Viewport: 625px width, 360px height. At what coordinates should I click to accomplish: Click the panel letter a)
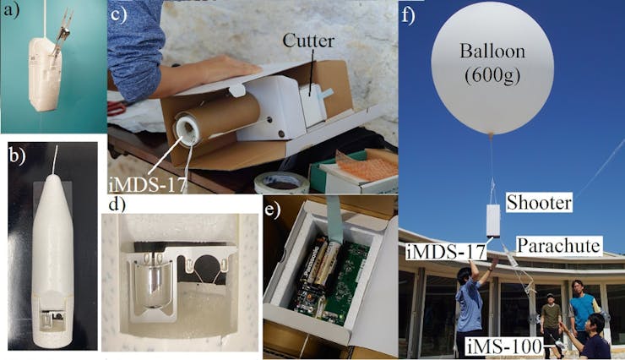coord(11,10)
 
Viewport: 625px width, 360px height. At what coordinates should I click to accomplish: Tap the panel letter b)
coord(17,155)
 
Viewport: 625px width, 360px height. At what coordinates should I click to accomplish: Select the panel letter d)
coord(117,205)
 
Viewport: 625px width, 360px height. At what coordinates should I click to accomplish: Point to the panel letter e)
coord(272,210)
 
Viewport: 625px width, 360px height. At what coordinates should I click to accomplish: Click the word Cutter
coord(308,41)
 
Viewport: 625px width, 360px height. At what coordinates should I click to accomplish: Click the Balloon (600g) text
coord(492,63)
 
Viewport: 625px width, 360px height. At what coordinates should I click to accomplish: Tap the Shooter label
coord(539,203)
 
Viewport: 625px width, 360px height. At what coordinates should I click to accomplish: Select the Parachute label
coord(559,246)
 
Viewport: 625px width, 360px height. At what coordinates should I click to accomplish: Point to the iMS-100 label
coord(504,346)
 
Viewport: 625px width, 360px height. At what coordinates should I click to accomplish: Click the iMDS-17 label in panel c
coord(148,184)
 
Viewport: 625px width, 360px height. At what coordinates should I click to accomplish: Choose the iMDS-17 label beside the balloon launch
coord(447,252)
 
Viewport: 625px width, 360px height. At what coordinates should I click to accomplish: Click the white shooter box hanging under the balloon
coord(493,221)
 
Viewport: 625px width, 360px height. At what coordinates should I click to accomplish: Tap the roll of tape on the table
coord(282,183)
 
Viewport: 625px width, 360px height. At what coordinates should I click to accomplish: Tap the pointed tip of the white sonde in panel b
coord(53,176)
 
